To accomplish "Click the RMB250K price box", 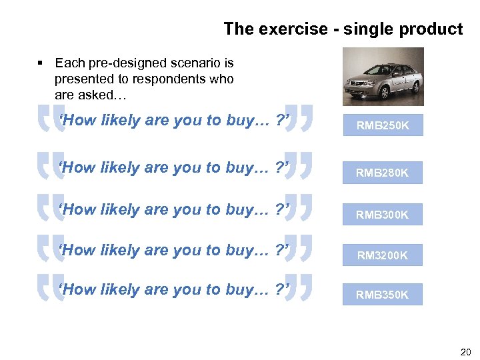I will (383, 125).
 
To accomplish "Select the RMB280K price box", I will (383, 173).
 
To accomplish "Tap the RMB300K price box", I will (383, 215).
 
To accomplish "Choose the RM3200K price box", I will (383, 255).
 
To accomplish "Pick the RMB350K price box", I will (383, 294).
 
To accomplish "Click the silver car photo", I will (383, 77).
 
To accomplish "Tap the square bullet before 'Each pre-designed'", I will (41, 63).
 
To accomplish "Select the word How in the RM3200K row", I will (78, 250).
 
